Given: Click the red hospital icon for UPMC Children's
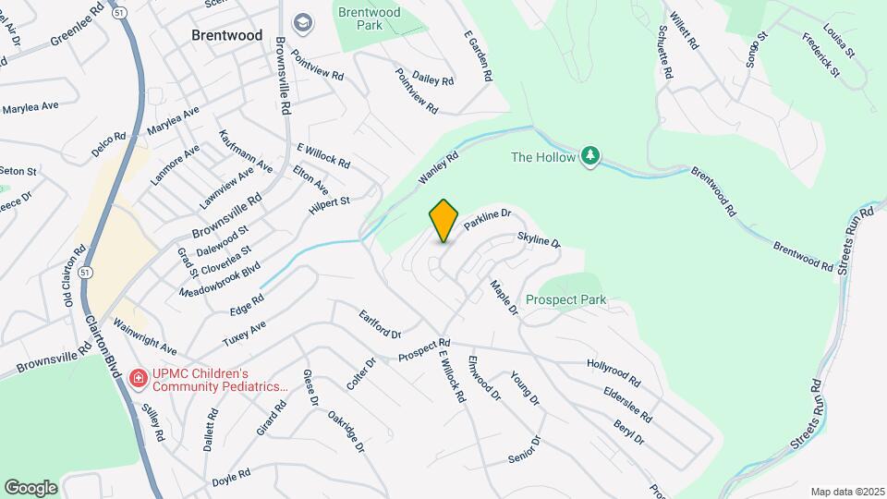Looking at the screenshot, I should pyautogui.click(x=138, y=377).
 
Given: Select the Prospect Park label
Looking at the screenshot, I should pyautogui.click(x=565, y=299).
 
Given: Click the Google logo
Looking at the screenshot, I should pyautogui.click(x=30, y=487).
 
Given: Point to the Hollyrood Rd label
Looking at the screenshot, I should pyautogui.click(x=614, y=371).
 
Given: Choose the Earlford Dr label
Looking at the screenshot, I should pyautogui.click(x=380, y=323).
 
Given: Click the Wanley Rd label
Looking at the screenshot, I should pyautogui.click(x=438, y=167).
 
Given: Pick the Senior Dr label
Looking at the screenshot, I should pyautogui.click(x=524, y=448).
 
